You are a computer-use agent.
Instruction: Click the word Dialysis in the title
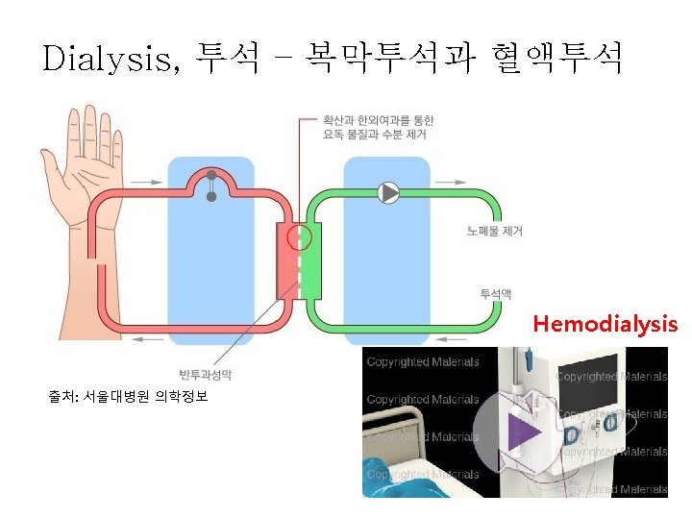(x=107, y=60)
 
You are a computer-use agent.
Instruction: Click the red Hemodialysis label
(x=605, y=324)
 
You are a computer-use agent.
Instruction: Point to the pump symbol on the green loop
(x=389, y=193)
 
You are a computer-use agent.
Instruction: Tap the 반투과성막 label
(x=206, y=374)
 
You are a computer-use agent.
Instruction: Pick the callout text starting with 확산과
(x=378, y=127)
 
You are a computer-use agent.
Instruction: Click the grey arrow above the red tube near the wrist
(x=147, y=183)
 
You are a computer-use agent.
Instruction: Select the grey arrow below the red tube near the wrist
(x=147, y=339)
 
